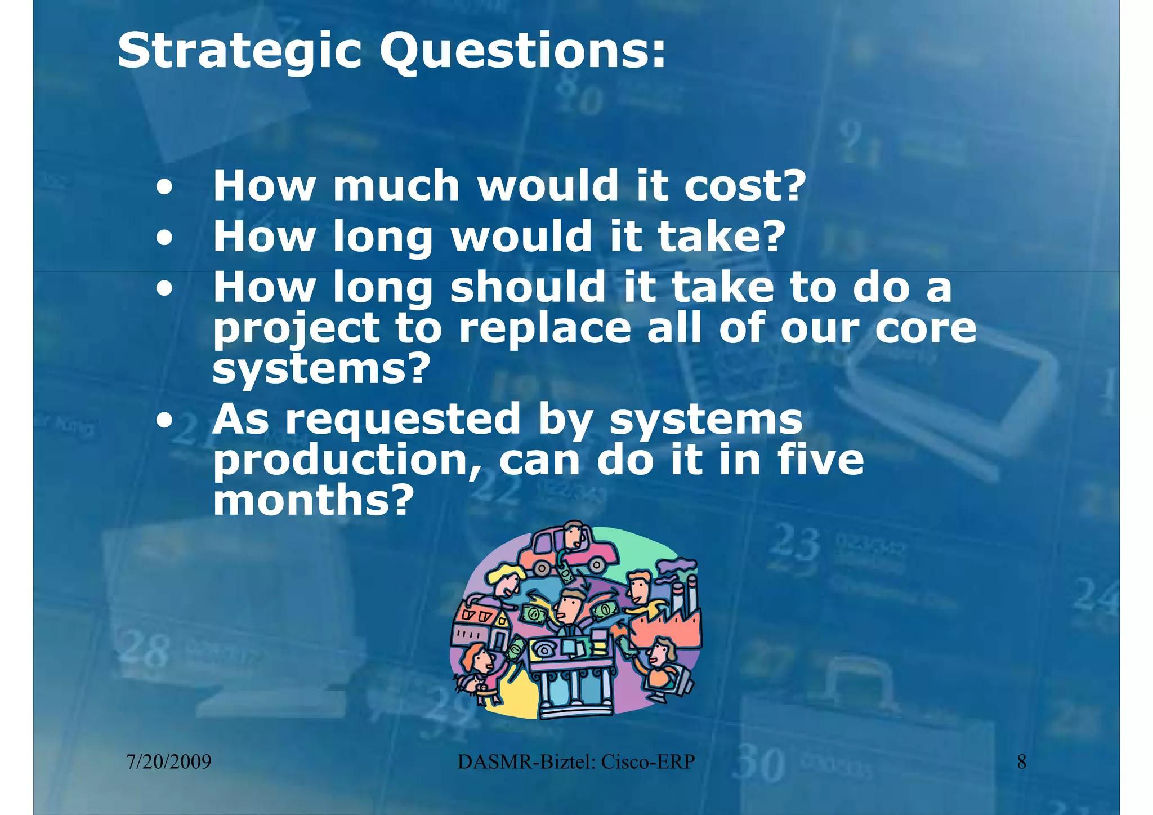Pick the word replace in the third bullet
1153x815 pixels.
(545, 328)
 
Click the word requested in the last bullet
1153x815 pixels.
(403, 420)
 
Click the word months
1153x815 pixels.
(310, 500)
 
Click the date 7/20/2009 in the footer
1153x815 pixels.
(169, 762)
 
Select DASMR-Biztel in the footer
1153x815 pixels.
(526, 762)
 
